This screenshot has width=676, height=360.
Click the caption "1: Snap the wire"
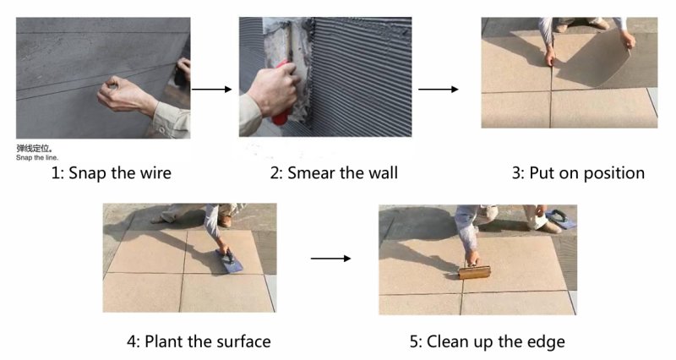pyautogui.click(x=112, y=173)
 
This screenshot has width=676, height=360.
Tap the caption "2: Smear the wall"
pyautogui.click(x=334, y=173)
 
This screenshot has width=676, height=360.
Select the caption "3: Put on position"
pyautogui.click(x=578, y=173)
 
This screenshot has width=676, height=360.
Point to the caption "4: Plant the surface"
pyautogui.click(x=199, y=341)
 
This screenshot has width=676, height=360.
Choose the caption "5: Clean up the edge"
pyautogui.click(x=488, y=342)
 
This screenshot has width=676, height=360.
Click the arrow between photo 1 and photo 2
pyautogui.click(x=212, y=90)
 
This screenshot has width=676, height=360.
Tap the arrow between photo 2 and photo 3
pyautogui.click(x=438, y=90)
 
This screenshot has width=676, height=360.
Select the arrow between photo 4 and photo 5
pyautogui.click(x=330, y=259)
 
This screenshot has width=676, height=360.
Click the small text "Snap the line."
pyautogui.click(x=37, y=158)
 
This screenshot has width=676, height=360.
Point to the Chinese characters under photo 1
pyautogui.click(x=35, y=149)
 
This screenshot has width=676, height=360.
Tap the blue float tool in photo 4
pyautogui.click(x=229, y=261)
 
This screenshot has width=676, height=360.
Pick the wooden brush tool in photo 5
pyautogui.click(x=474, y=272)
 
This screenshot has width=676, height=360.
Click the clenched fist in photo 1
pyautogui.click(x=116, y=93)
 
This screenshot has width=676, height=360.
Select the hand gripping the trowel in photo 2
pyautogui.click(x=272, y=90)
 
